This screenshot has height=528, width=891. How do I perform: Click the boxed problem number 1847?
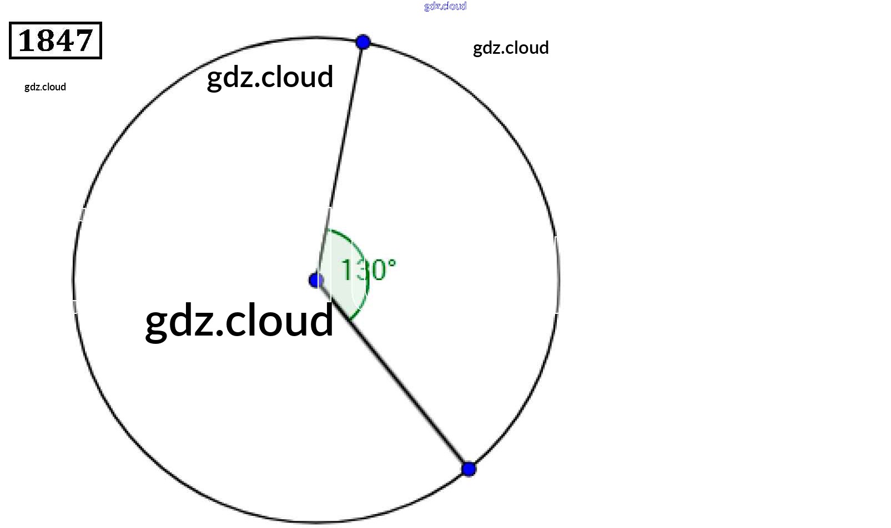pyautogui.click(x=56, y=40)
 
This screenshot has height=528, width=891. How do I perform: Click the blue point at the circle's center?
pyautogui.click(x=316, y=280)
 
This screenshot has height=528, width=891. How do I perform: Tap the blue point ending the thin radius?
pyautogui.click(x=363, y=42)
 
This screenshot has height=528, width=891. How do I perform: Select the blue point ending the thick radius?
pyautogui.click(x=469, y=469)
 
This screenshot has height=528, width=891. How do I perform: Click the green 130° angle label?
pyautogui.click(x=368, y=270)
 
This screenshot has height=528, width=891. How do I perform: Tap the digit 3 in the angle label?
pyautogui.click(x=363, y=270)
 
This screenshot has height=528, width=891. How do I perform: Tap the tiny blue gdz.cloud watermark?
pyautogui.click(x=445, y=6)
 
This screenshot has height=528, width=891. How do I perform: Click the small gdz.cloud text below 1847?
pyautogui.click(x=45, y=87)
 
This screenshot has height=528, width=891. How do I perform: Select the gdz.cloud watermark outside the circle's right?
pyautogui.click(x=511, y=48)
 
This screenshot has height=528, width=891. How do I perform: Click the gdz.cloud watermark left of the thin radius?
pyautogui.click(x=270, y=77)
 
